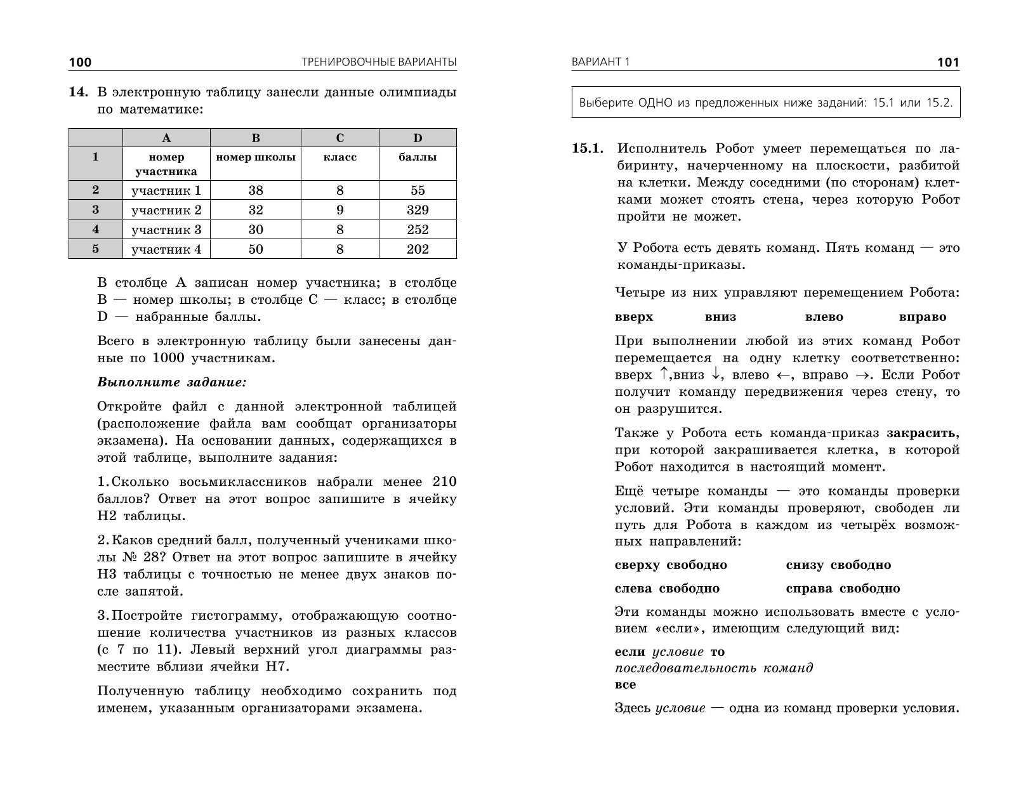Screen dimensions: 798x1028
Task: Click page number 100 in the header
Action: (80, 62)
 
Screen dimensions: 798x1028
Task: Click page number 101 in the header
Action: (948, 62)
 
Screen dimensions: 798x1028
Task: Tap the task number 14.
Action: (77, 93)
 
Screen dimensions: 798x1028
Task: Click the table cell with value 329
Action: (418, 210)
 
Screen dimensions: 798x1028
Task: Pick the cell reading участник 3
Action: (166, 230)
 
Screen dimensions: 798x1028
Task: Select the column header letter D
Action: (418, 138)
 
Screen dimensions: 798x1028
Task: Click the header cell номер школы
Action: (256, 157)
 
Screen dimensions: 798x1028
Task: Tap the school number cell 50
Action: (256, 249)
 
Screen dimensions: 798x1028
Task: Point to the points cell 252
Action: (418, 230)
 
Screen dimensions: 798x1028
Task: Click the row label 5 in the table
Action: (96, 249)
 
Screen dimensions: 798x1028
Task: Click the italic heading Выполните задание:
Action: (171, 383)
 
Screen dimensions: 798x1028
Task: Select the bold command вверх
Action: (634, 317)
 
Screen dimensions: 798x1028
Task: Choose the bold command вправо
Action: (923, 317)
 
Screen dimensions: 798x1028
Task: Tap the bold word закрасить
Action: (922, 433)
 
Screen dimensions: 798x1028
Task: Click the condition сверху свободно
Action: (671, 565)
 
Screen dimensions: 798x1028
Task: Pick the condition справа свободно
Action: (843, 589)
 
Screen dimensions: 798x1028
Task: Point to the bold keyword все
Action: (625, 684)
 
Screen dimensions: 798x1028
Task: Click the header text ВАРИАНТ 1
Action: (600, 62)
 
